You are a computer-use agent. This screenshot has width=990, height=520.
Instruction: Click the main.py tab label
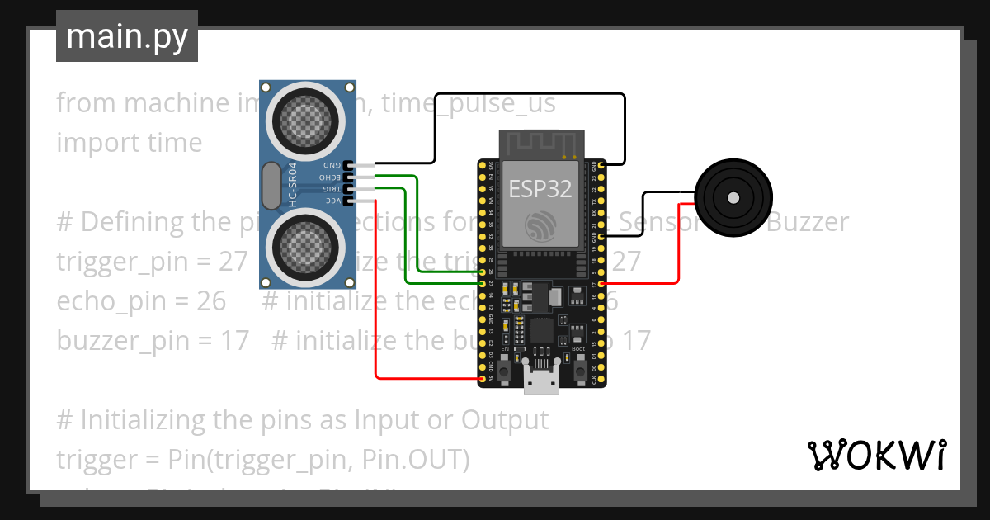(126, 36)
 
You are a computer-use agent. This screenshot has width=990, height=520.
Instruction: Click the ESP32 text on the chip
(540, 189)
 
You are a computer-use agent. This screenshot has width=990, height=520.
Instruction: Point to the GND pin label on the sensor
(332, 165)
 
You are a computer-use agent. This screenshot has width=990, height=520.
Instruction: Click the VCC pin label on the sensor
(332, 201)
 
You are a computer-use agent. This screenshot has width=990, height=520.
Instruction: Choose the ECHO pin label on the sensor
(330, 177)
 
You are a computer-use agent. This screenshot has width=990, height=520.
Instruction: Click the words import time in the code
(130, 142)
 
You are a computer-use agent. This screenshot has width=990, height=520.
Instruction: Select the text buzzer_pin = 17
(153, 340)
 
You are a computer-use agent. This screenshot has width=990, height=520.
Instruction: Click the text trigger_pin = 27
(152, 261)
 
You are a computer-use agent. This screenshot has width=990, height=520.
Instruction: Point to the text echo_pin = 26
(141, 300)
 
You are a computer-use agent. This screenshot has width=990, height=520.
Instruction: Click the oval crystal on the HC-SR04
(271, 186)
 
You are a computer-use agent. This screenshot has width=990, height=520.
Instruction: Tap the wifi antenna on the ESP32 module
(541, 144)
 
